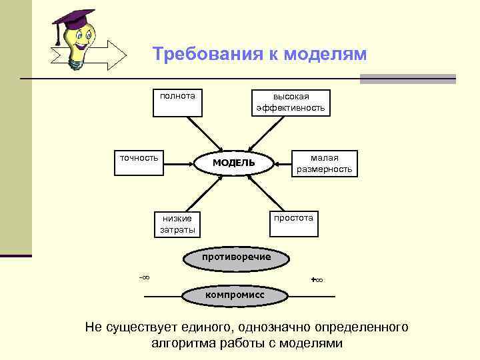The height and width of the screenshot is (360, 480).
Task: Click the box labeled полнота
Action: coord(177,102)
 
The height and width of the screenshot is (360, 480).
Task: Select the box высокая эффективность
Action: coord(291,102)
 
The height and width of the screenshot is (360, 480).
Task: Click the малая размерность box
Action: coord(324,164)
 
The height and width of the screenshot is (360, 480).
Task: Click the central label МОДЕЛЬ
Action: coord(233,163)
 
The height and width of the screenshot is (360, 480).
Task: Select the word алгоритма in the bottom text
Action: coord(181,344)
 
